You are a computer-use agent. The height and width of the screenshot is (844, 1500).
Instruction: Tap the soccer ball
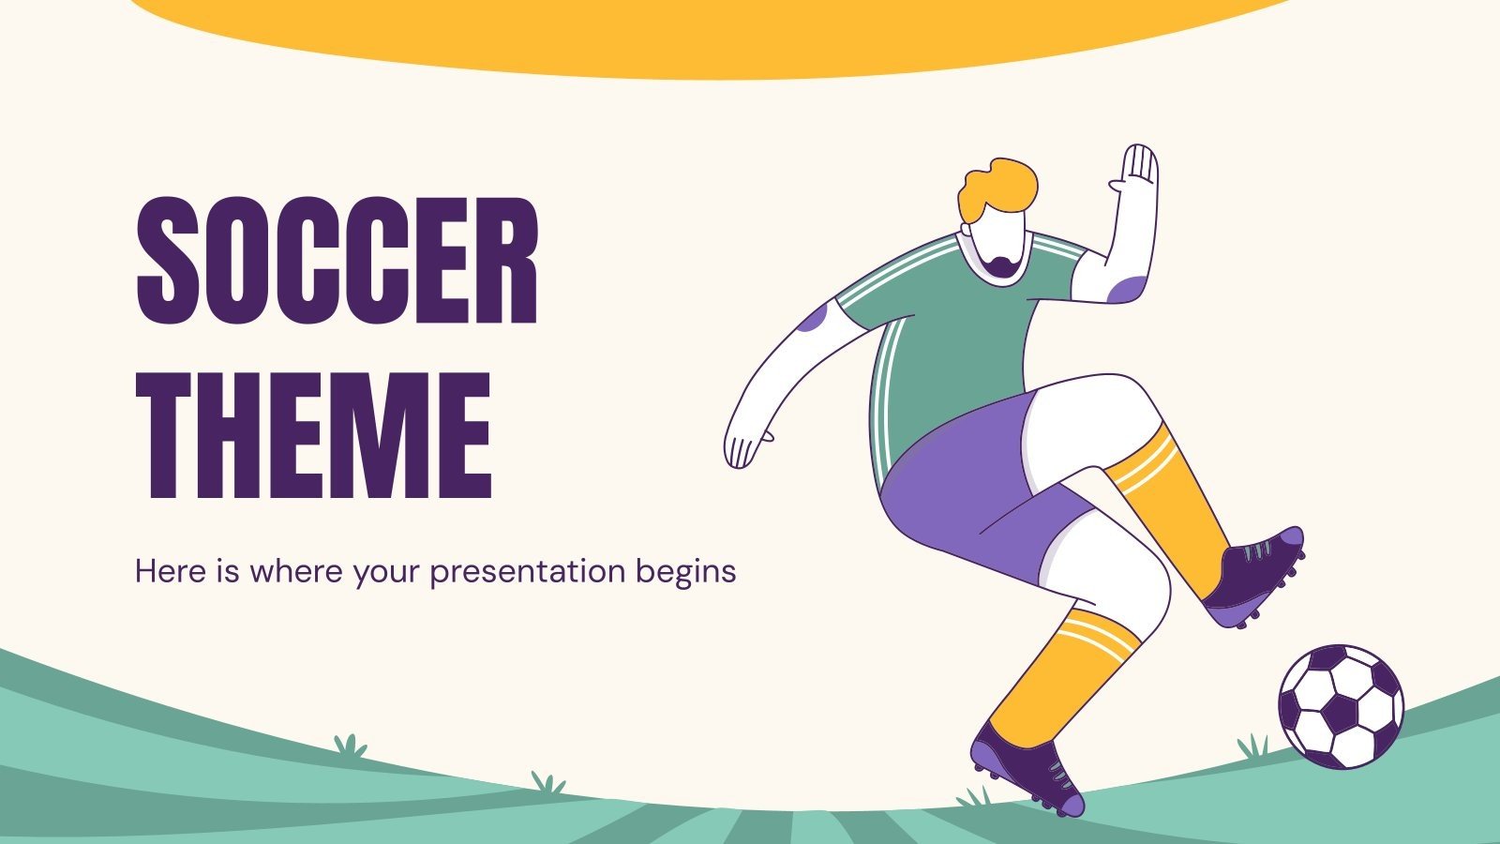pos(1341,705)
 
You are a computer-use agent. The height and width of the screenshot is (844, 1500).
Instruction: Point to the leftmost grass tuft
pos(350,746)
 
